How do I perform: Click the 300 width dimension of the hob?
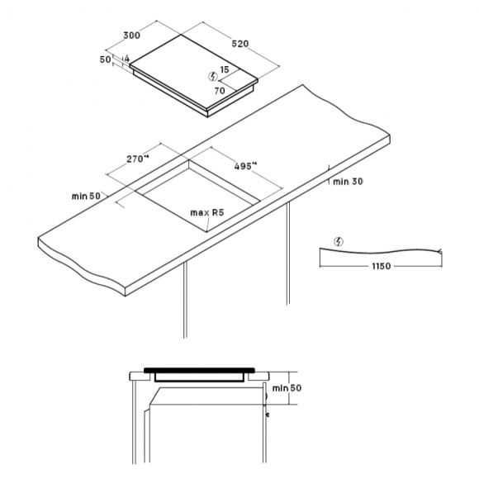click(131, 36)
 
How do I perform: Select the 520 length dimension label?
click(240, 44)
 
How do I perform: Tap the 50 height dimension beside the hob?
click(106, 59)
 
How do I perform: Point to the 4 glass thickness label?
click(127, 59)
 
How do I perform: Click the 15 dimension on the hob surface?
click(225, 69)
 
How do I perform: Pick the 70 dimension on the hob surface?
click(220, 91)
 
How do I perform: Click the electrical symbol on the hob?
click(213, 76)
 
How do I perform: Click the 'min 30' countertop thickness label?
click(348, 182)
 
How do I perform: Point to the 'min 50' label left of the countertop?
click(86, 196)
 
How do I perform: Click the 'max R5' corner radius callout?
click(207, 212)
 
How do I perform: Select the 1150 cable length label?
click(382, 266)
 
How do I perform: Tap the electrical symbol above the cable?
click(339, 242)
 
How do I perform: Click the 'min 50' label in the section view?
click(287, 388)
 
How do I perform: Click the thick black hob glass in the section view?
click(199, 370)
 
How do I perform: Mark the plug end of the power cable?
click(439, 251)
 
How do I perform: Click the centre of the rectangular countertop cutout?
click(197, 196)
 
